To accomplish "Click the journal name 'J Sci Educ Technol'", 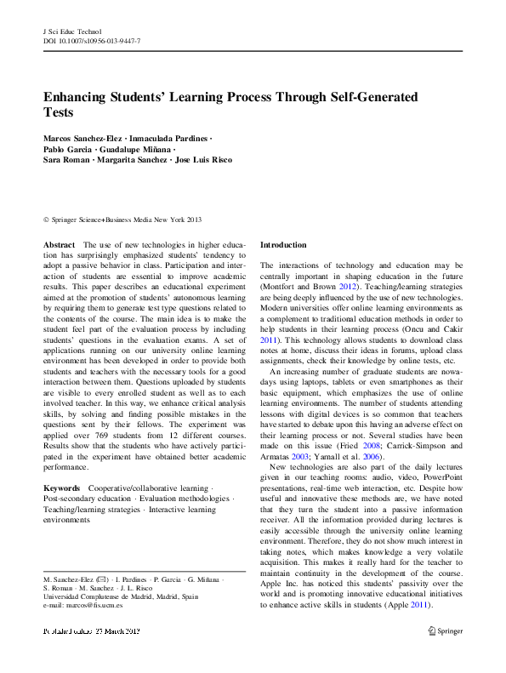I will point(71,31).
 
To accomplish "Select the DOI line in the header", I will point(91,41).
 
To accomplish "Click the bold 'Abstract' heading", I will point(59,244).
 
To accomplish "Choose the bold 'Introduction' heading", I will point(283,245).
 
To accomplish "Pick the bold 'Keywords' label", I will point(62,488).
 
